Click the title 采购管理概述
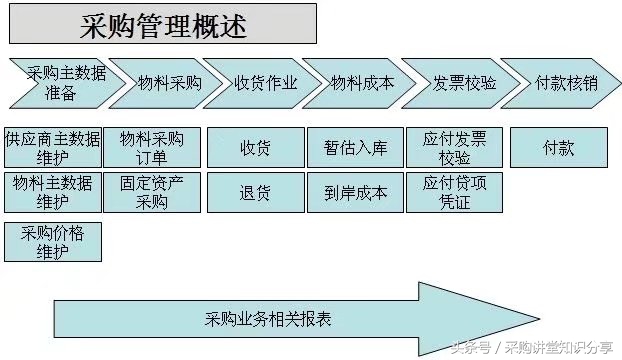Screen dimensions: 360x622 click(x=164, y=24)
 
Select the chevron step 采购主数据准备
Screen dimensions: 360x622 click(x=56, y=83)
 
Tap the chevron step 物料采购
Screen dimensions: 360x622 click(x=166, y=83)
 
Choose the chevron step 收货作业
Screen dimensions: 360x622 click(x=264, y=83)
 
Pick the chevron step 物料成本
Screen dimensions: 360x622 click(x=362, y=83)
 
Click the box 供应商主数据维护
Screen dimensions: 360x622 click(x=52, y=147)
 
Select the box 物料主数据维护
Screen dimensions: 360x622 click(x=52, y=192)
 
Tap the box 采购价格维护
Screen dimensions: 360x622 click(x=52, y=241)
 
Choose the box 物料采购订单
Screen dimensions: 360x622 click(x=152, y=147)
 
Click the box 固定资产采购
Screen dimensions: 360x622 click(x=152, y=192)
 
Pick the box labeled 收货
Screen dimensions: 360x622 click(x=255, y=148)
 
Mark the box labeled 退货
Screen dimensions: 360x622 click(x=255, y=192)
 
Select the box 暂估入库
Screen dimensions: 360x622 click(x=355, y=148)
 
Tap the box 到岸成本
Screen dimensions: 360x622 click(x=355, y=192)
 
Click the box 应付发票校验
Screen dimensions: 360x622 click(x=454, y=147)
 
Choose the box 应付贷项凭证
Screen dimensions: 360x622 click(x=454, y=192)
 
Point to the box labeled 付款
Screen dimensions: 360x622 click(x=558, y=148)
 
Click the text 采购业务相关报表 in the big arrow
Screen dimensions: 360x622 click(x=268, y=319)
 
